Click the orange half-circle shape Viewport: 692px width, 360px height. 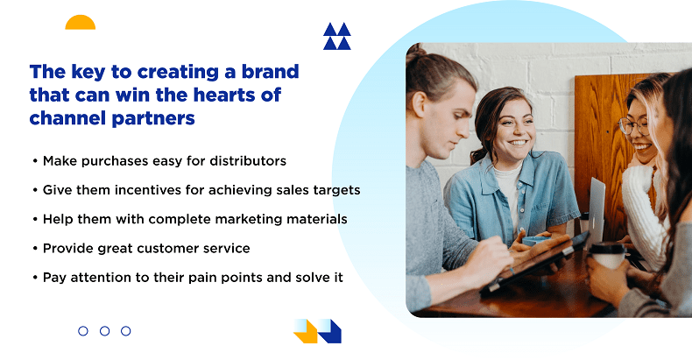coord(81,23)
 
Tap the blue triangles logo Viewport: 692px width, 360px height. coord(336,36)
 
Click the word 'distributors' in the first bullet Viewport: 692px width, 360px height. coord(248,161)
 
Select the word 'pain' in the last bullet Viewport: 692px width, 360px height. coord(202,278)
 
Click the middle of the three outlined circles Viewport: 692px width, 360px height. coord(104,331)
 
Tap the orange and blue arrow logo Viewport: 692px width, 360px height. coord(317,331)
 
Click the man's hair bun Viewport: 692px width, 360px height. coord(414,52)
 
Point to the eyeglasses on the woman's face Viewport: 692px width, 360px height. coord(633,126)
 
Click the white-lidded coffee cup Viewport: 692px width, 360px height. coord(608,256)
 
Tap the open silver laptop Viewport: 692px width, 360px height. coord(597,212)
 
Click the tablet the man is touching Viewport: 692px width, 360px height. coord(535,263)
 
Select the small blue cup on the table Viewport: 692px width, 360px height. coord(535,241)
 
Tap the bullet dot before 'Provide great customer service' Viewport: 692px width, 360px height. coord(35,249)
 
